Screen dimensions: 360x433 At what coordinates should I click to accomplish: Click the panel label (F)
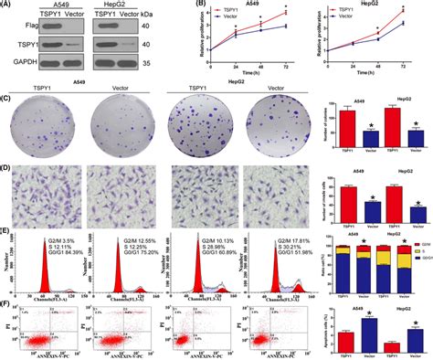pos(6,295)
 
